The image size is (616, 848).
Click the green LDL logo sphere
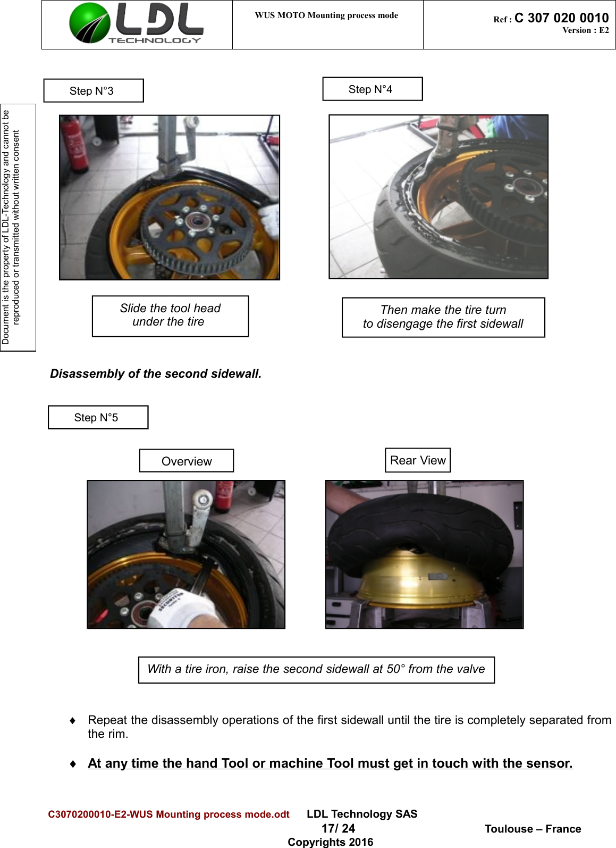tap(89, 23)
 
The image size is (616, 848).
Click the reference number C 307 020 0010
tap(561, 18)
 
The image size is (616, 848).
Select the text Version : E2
tap(585, 30)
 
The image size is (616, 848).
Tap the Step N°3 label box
tap(94, 91)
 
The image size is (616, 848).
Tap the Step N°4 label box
tap(372, 89)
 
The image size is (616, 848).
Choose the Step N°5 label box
tap(98, 418)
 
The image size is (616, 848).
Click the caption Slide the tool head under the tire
tap(170, 315)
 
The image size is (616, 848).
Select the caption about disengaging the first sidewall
tap(443, 317)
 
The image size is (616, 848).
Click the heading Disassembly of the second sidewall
tap(156, 374)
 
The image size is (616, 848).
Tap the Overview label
tap(186, 461)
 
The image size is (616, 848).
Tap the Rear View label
tap(418, 460)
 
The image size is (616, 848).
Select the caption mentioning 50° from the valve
tap(316, 669)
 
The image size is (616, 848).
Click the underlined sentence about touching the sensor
tap(330, 763)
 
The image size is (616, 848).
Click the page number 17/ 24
tap(338, 828)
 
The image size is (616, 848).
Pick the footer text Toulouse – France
tap(533, 829)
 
